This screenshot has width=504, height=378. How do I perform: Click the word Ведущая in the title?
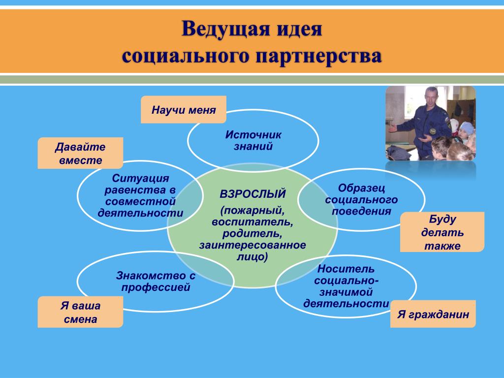tap(224, 29)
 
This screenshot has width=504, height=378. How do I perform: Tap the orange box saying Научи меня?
tap(184, 110)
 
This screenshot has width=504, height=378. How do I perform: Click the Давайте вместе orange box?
tap(80, 153)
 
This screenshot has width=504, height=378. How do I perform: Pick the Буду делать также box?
tap(442, 232)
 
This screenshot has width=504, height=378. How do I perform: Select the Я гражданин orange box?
tap(433, 314)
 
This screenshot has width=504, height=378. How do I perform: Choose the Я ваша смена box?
tap(80, 312)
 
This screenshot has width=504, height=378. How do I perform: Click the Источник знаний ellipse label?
tap(253, 140)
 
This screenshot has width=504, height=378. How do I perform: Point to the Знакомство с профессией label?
tap(156, 281)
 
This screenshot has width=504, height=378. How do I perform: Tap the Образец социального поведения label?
tap(361, 199)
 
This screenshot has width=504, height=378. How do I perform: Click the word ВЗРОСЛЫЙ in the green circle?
tap(252, 194)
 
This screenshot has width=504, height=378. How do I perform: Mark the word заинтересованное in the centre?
tap(252, 245)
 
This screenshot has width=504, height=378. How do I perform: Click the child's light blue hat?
tap(466, 128)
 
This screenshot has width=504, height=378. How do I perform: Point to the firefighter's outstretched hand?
tap(392, 129)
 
